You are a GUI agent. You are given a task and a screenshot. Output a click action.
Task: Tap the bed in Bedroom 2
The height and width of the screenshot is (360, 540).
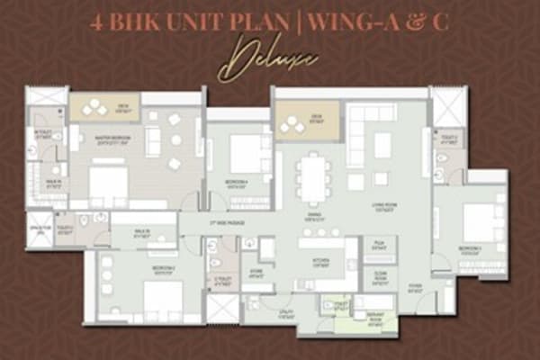click(x=162, y=298)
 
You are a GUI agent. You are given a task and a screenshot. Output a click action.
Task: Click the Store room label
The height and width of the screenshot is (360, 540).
click(x=256, y=275)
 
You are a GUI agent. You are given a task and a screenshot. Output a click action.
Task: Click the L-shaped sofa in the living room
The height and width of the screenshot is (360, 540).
click(x=364, y=135)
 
